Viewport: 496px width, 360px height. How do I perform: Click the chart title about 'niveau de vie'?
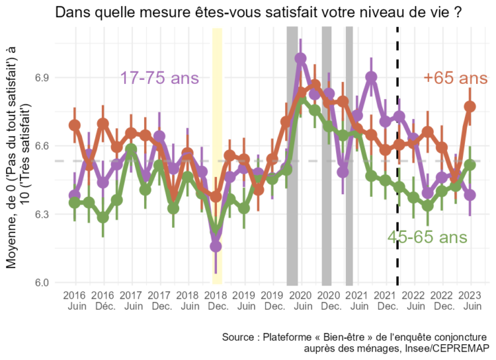coord(258,13)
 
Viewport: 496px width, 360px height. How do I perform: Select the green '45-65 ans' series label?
coord(427,237)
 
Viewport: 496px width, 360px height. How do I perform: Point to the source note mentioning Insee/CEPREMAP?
coord(354,343)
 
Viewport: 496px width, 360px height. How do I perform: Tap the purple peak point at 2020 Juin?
coord(301,59)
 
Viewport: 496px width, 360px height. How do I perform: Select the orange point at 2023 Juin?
coord(471,107)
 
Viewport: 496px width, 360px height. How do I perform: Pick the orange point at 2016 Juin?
coord(74,125)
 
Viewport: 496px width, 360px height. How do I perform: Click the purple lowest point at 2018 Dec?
coord(216,246)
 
